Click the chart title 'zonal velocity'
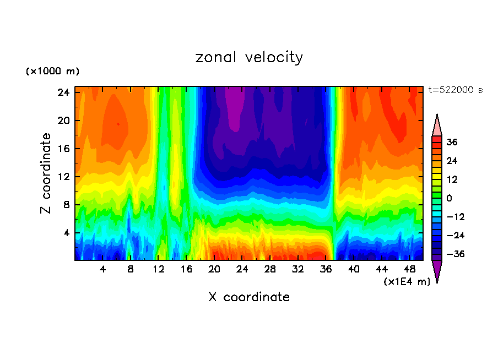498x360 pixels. click(x=249, y=57)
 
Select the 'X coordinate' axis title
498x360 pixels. click(x=249, y=297)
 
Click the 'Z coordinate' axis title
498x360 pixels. click(x=46, y=173)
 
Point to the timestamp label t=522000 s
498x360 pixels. click(x=455, y=90)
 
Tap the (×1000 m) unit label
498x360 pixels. click(x=52, y=72)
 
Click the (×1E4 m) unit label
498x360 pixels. click(x=407, y=282)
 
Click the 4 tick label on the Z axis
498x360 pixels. click(x=68, y=233)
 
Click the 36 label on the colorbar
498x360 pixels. click(x=452, y=142)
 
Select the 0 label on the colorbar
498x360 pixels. click(x=449, y=198)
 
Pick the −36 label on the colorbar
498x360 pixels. click(x=455, y=254)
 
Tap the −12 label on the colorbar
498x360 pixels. click(x=455, y=217)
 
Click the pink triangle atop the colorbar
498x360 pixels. click(x=437, y=126)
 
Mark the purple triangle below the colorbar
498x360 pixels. click(x=437, y=270)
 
